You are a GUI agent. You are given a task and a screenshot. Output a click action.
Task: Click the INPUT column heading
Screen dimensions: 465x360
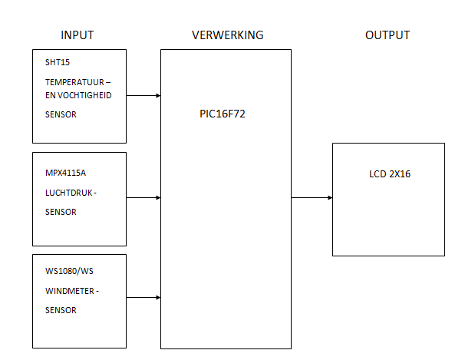pos(77,35)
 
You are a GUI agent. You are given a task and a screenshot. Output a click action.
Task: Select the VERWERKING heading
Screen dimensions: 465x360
pos(227,35)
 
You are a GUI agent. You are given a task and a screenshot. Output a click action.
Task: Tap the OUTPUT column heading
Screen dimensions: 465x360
pos(387,35)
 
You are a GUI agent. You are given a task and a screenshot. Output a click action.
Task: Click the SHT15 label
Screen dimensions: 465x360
pos(58,62)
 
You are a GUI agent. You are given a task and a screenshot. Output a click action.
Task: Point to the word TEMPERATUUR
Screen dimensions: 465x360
pos(74,82)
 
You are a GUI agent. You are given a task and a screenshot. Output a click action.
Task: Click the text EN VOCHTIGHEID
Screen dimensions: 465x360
pos(78,95)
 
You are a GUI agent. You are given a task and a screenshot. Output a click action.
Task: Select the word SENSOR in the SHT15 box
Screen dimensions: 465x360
pos(61,114)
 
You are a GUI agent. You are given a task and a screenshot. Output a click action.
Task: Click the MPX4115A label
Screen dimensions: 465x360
pos(65,173)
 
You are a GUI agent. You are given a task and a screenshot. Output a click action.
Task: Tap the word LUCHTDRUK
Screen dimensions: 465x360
pos(69,193)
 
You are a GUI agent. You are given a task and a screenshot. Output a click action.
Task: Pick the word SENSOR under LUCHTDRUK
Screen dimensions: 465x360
pos(61,212)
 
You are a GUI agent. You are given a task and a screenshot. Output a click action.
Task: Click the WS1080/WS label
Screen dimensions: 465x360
pos(69,271)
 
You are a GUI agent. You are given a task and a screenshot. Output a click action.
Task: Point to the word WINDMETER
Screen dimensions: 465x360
pos(70,291)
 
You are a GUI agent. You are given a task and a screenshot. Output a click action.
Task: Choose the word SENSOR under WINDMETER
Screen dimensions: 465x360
pos(61,310)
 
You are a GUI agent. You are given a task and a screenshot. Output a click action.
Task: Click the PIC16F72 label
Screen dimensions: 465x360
pos(223,114)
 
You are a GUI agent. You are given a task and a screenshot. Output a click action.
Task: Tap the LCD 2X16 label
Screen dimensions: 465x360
pos(390,173)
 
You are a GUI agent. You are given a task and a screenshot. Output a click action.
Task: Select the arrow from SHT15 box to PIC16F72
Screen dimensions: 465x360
pos(143,95)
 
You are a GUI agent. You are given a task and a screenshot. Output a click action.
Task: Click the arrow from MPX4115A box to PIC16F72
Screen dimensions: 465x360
pos(143,197)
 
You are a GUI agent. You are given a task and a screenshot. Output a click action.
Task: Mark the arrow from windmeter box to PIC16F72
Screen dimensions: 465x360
pos(143,297)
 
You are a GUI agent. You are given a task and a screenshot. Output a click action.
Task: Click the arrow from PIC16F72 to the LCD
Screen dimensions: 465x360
pos(312,197)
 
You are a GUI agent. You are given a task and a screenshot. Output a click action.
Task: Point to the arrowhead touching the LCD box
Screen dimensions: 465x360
pos(330,197)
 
